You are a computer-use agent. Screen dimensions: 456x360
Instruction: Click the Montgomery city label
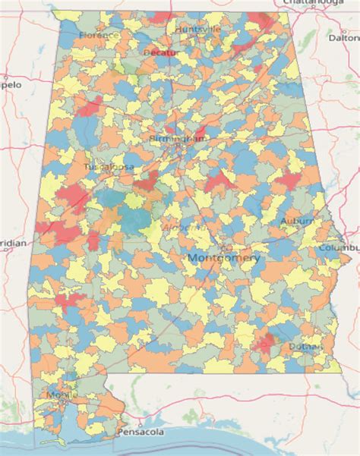point(223,258)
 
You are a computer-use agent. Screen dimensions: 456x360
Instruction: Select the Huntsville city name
point(197,29)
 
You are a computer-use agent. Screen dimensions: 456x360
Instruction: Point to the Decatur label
point(160,53)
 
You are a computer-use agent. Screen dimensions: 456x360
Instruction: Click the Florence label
point(99,35)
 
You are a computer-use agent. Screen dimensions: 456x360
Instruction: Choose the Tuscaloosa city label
point(103,165)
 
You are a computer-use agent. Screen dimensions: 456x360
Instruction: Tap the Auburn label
point(295,221)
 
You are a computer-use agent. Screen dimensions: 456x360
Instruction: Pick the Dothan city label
point(305,347)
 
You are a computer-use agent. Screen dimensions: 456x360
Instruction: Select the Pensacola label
point(141,432)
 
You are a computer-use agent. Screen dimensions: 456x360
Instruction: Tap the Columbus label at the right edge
point(339,247)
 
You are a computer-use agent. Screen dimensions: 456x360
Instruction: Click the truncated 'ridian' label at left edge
point(13,243)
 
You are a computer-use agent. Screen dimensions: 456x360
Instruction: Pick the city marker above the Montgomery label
point(221,249)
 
